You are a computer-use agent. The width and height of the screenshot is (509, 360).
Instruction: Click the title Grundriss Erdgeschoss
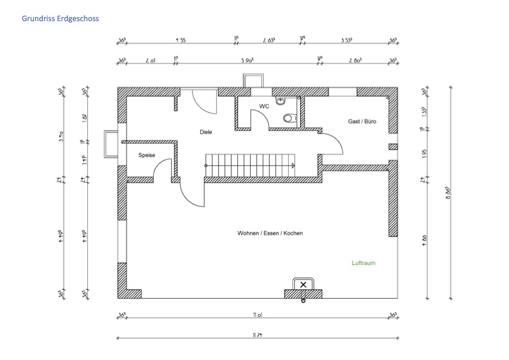60,19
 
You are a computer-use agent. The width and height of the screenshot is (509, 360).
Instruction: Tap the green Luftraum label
364,263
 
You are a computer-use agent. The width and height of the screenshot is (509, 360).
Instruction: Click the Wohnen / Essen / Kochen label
270,234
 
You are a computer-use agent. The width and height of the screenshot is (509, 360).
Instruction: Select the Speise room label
146,155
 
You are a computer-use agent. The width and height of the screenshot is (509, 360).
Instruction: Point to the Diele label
206,131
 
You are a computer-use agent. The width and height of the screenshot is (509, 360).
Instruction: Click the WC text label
264,106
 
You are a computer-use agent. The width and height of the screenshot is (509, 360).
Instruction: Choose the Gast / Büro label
362,122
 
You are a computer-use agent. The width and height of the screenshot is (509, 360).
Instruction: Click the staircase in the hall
249,165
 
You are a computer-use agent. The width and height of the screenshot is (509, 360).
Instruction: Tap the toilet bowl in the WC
288,119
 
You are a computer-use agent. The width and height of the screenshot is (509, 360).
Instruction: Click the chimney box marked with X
303,284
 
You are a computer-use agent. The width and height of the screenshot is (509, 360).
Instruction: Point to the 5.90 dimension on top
246,61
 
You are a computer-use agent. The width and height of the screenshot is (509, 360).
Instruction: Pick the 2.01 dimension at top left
151,61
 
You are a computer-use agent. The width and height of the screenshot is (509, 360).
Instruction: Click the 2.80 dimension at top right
357,61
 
